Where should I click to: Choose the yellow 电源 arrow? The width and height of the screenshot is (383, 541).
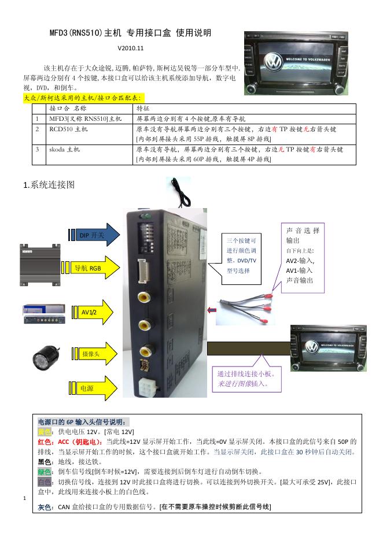(x=90, y=388)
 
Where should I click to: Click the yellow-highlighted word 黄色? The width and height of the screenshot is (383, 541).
(x=44, y=432)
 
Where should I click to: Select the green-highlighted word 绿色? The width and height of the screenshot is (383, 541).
(x=44, y=471)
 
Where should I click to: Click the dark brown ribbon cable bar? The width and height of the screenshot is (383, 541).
(x=248, y=349)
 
